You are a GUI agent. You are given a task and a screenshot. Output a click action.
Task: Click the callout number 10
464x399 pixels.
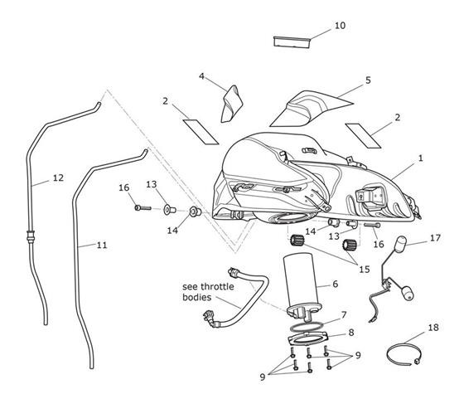pos(340,26)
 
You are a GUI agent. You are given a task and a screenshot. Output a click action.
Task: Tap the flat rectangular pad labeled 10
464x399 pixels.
pos(292,41)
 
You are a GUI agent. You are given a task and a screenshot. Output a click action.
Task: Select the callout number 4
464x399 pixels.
pos(201,76)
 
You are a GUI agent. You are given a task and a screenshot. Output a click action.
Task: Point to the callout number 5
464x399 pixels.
pos(368,80)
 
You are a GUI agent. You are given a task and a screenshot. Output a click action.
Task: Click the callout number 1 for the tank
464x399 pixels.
pos(421,158)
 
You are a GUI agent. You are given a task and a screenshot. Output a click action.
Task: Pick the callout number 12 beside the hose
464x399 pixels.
pos(58,178)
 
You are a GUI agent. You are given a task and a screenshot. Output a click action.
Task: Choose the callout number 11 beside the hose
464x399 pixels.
pos(102,245)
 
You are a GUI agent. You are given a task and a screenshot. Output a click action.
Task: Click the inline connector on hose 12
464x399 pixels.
pos(31,236)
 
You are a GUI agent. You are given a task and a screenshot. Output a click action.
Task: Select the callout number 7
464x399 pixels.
pos(344,314)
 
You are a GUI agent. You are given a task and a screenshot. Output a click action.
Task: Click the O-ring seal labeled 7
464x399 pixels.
pos(307,327)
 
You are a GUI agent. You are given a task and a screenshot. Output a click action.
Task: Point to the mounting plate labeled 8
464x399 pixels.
pos(308,339)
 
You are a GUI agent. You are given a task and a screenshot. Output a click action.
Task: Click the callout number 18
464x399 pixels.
pos(433,328)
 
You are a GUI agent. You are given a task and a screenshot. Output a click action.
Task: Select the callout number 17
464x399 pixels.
pos(435,238)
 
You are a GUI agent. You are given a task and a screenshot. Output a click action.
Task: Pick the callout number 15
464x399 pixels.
pos(365,270)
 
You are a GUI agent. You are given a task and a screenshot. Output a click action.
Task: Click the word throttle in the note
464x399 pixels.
pos(217,287)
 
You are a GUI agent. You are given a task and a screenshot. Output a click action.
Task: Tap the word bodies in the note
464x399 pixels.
pos(197,297)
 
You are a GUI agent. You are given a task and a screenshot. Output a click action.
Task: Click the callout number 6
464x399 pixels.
pos(335,284)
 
